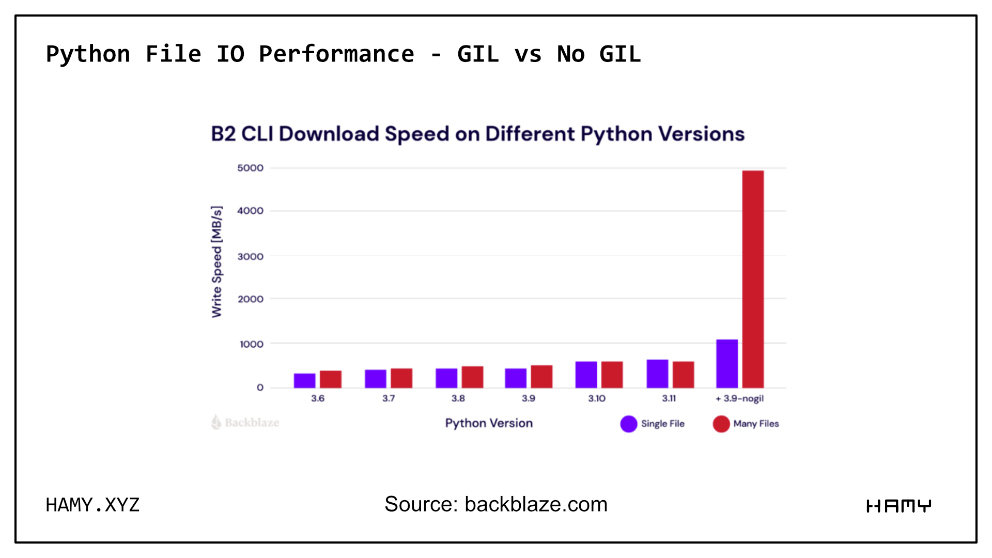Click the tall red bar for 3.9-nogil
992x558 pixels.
tap(753, 279)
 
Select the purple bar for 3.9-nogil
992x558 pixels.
tap(726, 364)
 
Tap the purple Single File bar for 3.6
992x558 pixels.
tap(304, 381)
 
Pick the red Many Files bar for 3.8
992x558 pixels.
tap(472, 377)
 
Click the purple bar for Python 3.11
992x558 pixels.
tap(657, 374)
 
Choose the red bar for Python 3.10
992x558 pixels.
tap(612, 375)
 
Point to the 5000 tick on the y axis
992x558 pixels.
tap(251, 168)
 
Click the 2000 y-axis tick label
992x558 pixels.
tap(251, 299)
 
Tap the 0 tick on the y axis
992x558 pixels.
tap(260, 388)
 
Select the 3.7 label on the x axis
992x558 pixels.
tap(389, 398)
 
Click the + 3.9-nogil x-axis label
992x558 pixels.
tap(739, 398)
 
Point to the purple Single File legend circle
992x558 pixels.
tap(628, 424)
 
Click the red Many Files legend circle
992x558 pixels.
tap(721, 424)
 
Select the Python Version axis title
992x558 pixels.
tap(489, 423)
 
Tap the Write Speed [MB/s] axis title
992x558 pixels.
tap(217, 261)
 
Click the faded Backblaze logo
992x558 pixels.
tap(245, 423)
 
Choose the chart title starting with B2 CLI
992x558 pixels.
tap(477, 134)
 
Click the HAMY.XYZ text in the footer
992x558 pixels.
tap(92, 505)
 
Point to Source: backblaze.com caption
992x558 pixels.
tap(495, 504)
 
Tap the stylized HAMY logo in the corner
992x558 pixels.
tap(898, 506)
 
